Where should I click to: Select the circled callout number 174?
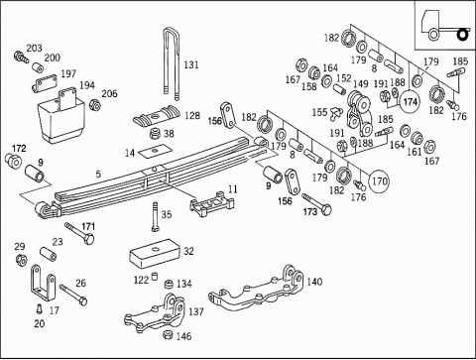[x=410, y=101]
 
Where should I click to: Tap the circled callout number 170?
[x=379, y=181]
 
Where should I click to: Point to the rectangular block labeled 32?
[x=154, y=254]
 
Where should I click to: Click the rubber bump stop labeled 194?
[x=61, y=115]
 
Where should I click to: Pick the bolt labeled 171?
[x=79, y=233]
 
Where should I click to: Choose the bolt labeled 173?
[x=316, y=204]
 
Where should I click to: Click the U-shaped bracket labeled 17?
[x=43, y=284]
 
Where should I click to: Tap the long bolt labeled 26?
[x=73, y=295]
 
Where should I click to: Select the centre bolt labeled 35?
[x=155, y=217]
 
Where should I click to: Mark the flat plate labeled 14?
[x=155, y=151]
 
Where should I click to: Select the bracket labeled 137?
[x=154, y=313]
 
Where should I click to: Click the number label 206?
[x=109, y=93]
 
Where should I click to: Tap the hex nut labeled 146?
[x=169, y=334]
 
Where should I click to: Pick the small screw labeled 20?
[x=40, y=308]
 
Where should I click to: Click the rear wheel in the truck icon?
[x=463, y=35]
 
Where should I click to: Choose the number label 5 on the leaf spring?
[x=98, y=174]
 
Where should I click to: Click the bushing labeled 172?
[x=13, y=160]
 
